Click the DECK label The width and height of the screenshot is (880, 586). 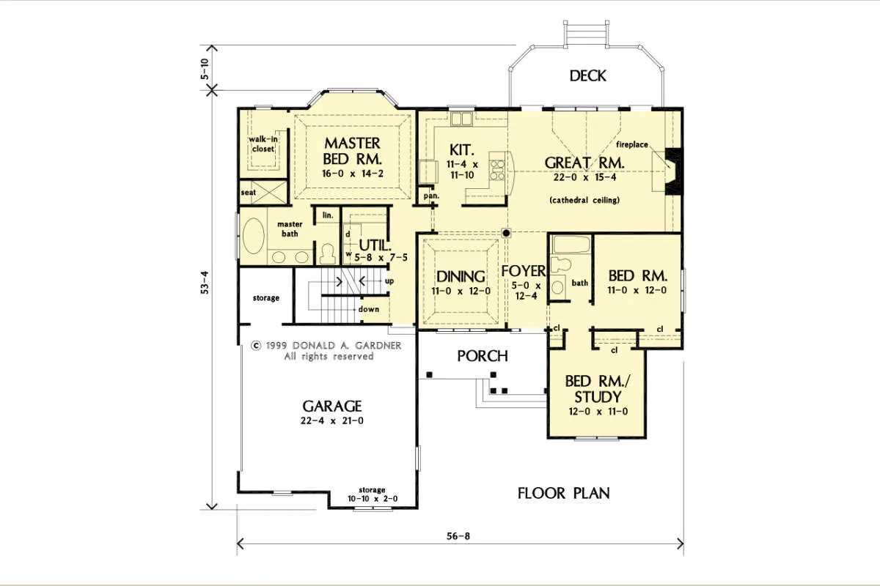coord(587,75)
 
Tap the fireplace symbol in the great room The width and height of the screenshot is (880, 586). coord(673,171)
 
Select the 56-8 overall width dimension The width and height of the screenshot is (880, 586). coord(458,536)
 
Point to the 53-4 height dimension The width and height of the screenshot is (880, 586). coord(205,282)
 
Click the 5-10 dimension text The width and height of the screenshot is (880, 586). coord(205,69)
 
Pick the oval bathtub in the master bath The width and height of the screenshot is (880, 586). coord(254,237)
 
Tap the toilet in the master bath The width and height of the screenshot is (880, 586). coord(327,254)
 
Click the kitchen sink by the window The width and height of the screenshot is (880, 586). coord(461,119)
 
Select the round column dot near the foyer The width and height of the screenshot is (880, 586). coord(507,233)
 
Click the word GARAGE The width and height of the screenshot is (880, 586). coord(332,406)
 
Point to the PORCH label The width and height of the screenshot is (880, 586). coord(483,356)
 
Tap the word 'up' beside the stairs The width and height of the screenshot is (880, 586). coord(389,281)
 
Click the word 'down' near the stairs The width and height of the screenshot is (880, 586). coord(368,309)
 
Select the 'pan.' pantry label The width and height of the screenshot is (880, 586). coord(431,196)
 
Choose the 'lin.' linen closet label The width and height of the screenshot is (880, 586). coord(328,215)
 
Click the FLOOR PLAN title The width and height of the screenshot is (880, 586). coord(563,493)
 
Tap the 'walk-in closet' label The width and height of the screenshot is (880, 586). coord(263,144)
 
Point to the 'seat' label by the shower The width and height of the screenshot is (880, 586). coord(249,193)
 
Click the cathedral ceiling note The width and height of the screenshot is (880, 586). coord(584,200)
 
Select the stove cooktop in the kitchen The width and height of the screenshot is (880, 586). coord(497,169)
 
